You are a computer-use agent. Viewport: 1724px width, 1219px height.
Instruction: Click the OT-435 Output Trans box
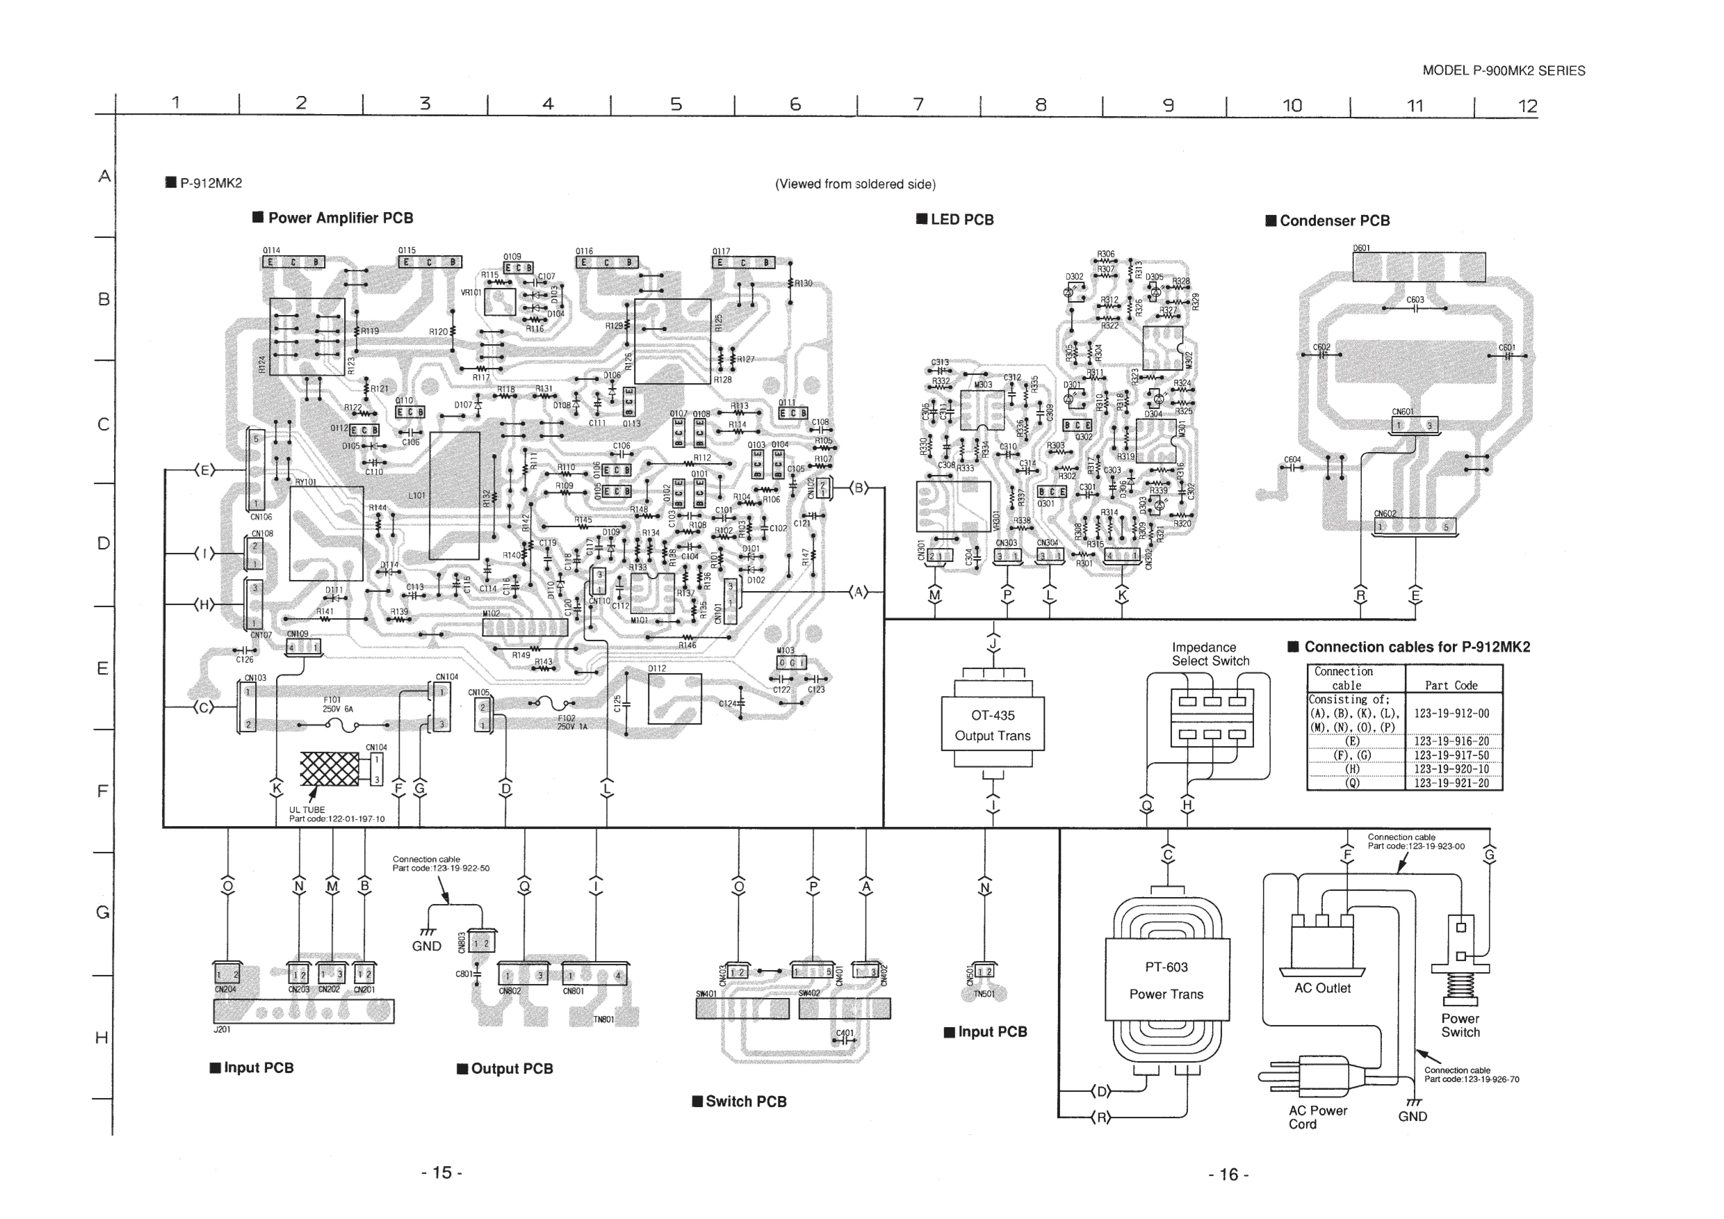[x=992, y=725]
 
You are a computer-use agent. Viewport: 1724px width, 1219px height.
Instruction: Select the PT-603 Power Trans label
[x=1166, y=980]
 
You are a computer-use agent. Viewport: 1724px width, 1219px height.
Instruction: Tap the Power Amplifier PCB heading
[x=340, y=218]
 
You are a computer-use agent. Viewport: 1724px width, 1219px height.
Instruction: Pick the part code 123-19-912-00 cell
[x=1451, y=713]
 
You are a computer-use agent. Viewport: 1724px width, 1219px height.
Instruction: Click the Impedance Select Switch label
[x=1210, y=654]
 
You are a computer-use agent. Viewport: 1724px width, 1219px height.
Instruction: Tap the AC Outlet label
[x=1322, y=988]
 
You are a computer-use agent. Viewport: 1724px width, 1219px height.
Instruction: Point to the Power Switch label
[x=1460, y=1025]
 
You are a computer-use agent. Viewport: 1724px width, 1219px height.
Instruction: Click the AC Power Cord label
[x=1317, y=1117]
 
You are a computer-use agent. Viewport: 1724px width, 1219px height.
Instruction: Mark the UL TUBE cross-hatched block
[x=330, y=768]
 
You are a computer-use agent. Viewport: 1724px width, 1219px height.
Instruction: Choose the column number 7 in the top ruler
[x=918, y=104]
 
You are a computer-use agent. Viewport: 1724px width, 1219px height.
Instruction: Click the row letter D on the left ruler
[x=104, y=543]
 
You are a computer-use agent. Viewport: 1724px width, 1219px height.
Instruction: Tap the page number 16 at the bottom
[x=1228, y=1174]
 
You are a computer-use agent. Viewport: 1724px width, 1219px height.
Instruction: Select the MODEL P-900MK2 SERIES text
[x=1503, y=71]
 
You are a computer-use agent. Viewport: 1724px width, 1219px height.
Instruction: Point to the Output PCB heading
[x=512, y=1069]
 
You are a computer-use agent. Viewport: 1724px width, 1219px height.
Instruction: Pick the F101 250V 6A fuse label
[x=337, y=704]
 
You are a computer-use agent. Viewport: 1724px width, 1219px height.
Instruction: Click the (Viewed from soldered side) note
[x=854, y=184]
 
